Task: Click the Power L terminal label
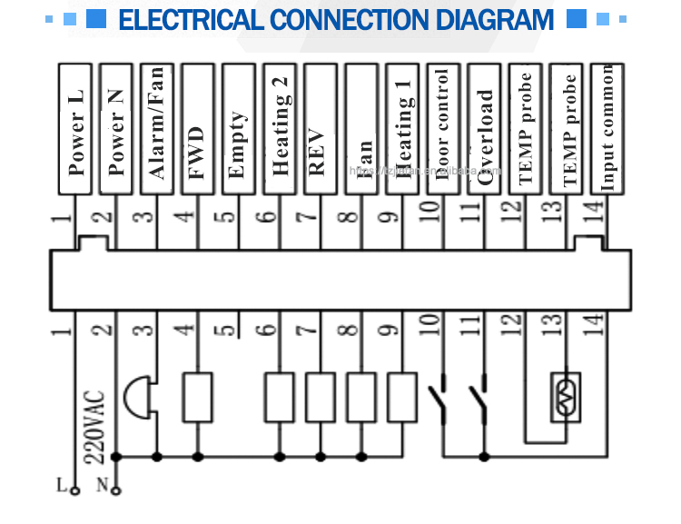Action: point(76,128)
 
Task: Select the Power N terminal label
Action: point(116,128)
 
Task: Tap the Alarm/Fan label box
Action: point(157,128)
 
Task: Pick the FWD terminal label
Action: point(198,128)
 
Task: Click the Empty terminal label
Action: point(239,128)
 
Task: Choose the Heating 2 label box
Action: point(280,128)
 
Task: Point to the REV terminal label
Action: point(320,128)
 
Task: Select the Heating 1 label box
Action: point(402,128)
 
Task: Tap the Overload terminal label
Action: point(484,128)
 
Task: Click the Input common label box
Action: point(607,128)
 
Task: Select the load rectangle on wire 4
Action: point(198,397)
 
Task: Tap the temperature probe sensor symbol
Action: point(566,397)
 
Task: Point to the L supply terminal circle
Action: point(75,491)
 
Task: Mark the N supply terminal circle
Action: point(116,491)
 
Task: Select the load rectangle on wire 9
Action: point(401,397)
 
